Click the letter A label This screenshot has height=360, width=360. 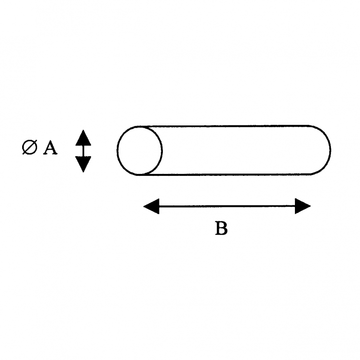[x=50, y=147]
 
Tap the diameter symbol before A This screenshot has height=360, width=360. [x=29, y=147]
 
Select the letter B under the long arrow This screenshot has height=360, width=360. [x=221, y=228]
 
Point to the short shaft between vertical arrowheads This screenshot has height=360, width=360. [x=83, y=151]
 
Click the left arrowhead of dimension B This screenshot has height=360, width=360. [x=151, y=206]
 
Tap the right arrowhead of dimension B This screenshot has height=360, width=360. [x=303, y=206]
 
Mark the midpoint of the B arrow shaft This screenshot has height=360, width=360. [x=227, y=206]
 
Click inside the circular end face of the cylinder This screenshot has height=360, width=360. [x=140, y=151]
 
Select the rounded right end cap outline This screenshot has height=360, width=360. [x=321, y=150]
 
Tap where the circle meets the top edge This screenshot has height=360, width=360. [x=140, y=127]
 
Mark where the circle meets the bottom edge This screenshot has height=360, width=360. [x=140, y=175]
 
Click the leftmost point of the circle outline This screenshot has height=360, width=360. [x=117, y=151]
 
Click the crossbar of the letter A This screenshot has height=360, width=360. [x=50, y=149]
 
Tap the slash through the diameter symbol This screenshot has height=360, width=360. [x=29, y=147]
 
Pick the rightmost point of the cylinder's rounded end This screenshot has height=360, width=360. [x=330, y=150]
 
